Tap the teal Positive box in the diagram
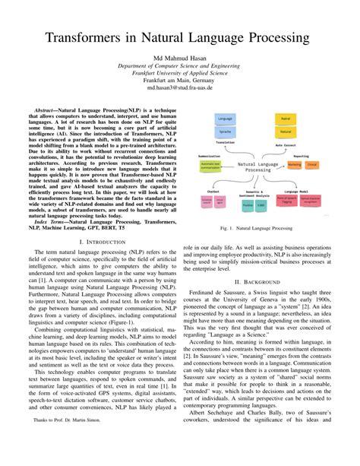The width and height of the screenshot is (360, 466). (x=248, y=205)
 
